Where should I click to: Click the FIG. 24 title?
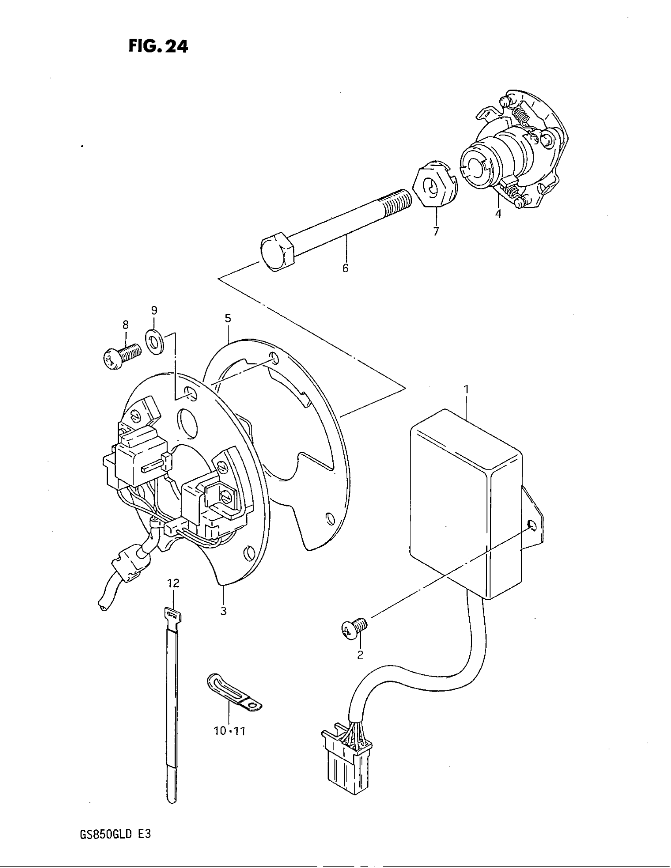click(x=158, y=47)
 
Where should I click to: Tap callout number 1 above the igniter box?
click(x=466, y=389)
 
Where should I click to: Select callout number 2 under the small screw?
click(x=360, y=655)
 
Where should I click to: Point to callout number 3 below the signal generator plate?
click(x=223, y=611)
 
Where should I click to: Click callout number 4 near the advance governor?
click(x=498, y=213)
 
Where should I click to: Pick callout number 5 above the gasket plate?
click(x=227, y=318)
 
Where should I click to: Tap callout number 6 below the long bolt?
click(x=345, y=268)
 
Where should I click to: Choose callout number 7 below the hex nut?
click(x=436, y=231)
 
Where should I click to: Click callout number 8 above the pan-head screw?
click(x=126, y=325)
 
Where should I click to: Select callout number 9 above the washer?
click(x=154, y=310)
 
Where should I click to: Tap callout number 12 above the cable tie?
click(x=173, y=583)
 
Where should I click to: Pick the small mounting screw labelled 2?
click(x=354, y=629)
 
